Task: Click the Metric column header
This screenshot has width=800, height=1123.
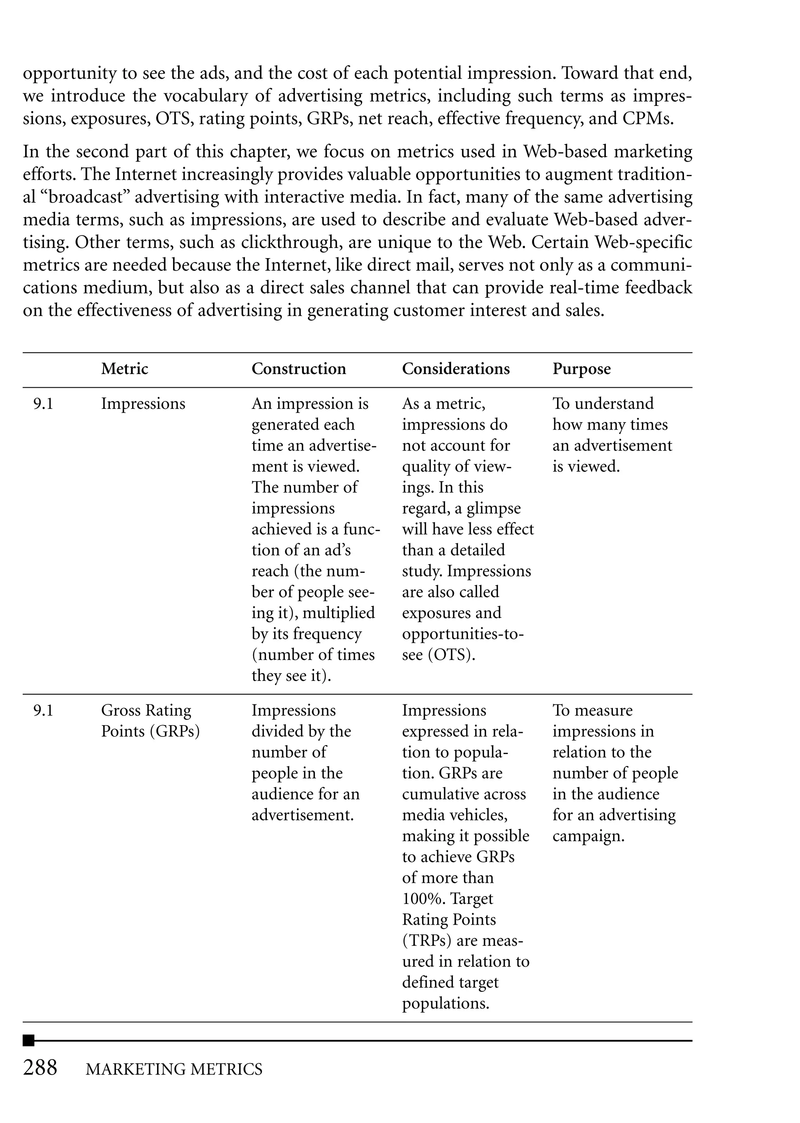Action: coord(124,369)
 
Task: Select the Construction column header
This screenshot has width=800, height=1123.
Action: coord(298,369)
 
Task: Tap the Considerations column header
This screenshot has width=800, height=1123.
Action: coord(456,369)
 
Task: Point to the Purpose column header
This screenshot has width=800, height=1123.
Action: coord(581,369)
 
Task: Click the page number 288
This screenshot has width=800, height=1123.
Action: coord(40,1068)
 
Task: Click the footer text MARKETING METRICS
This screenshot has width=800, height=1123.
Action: coord(174,1070)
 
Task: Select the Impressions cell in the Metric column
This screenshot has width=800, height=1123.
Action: coord(143,404)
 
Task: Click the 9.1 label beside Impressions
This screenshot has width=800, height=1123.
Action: coord(43,404)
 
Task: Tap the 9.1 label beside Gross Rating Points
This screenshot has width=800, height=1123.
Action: coord(43,710)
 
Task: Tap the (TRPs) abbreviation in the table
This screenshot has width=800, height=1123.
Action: coord(427,940)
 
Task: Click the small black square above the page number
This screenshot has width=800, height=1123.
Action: coord(29,1040)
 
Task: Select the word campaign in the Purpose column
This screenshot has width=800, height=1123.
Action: coord(588,836)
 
